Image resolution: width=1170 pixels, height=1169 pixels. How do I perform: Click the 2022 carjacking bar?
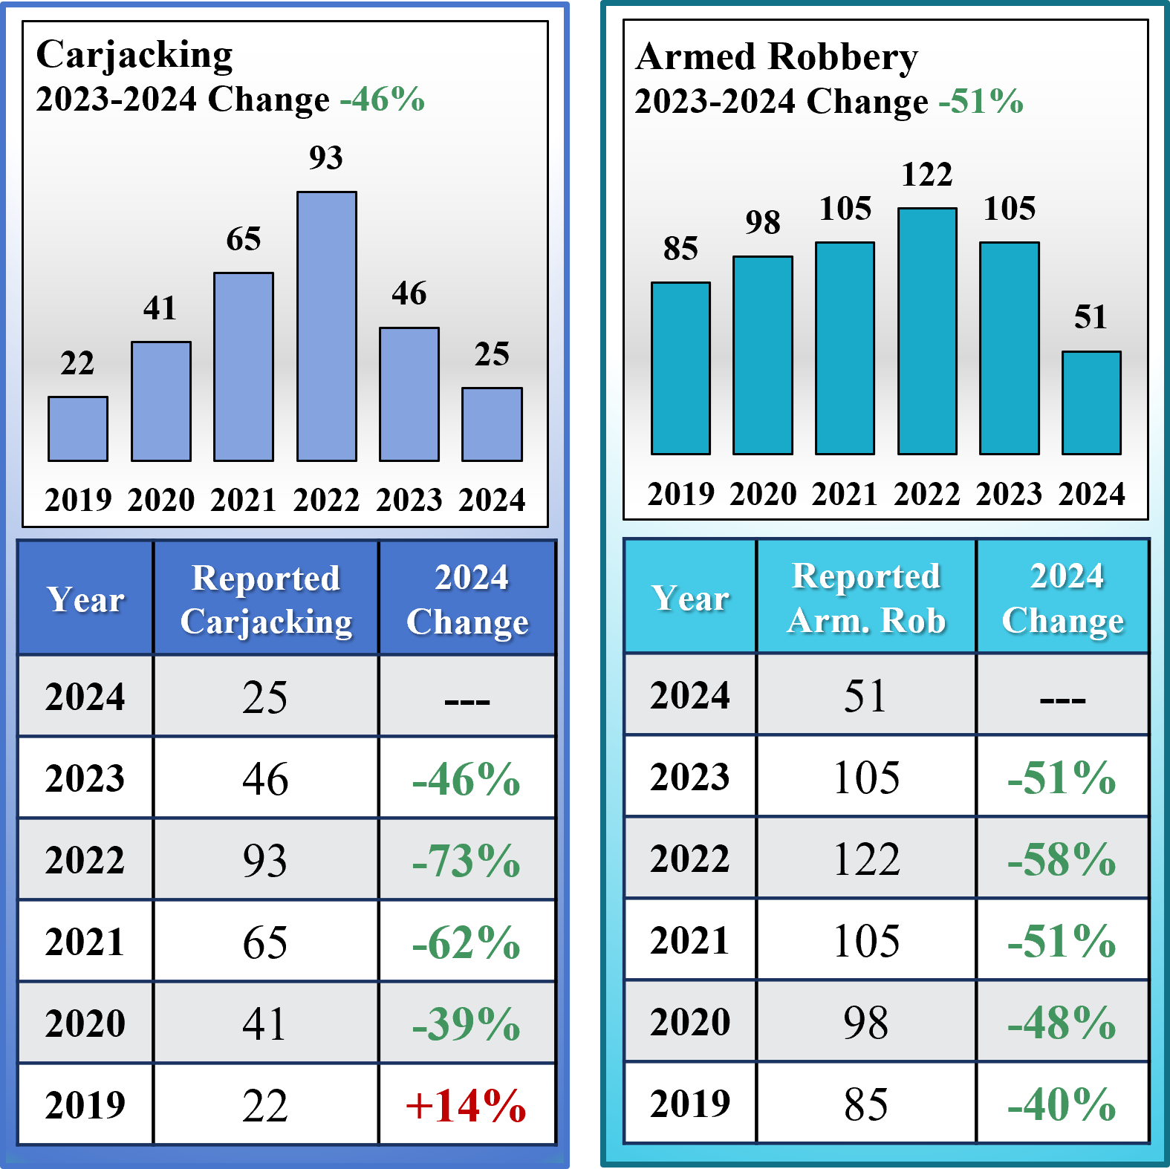pos(326,327)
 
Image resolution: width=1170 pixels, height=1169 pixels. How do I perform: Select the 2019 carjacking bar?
pos(78,429)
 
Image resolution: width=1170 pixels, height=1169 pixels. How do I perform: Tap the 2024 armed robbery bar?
pos(1091,403)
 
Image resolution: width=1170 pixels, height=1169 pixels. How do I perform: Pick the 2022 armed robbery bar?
pos(927,331)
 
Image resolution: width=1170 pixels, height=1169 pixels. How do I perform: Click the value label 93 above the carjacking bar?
pos(326,157)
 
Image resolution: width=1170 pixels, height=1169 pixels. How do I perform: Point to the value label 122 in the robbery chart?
pos(927,175)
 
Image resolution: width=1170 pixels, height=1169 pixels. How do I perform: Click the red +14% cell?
pos(467,1105)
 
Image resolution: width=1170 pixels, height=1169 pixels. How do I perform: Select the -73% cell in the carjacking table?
pos(467,860)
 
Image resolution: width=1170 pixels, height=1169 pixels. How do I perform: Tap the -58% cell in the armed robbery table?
pos(1062,859)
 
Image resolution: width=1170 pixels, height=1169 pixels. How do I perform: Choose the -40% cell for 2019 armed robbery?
pos(1062,1104)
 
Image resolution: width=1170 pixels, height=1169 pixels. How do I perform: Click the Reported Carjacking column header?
pos(266,599)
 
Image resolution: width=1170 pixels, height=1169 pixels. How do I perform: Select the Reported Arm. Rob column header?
pos(866,598)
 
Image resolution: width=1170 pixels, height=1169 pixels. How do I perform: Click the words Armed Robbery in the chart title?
pos(777,57)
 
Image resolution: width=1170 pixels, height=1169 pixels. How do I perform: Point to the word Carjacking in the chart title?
pos(134,55)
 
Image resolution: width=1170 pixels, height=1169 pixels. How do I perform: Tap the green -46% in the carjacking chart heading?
pos(383,99)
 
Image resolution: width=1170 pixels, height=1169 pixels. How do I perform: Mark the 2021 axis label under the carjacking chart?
pos(244,499)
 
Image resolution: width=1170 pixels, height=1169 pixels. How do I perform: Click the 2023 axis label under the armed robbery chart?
pos(1009,494)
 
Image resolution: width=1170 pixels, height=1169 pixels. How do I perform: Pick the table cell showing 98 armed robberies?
pos(866,1022)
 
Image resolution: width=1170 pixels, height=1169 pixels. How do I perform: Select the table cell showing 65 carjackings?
pos(266,942)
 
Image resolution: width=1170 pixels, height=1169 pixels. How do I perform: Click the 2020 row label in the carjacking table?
pos(85,1023)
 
